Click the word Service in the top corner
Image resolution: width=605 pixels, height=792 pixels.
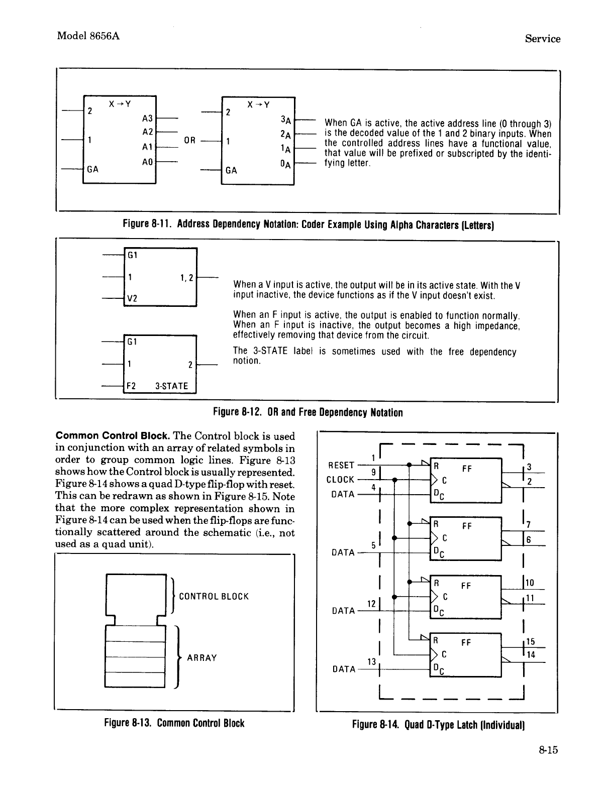tap(542, 39)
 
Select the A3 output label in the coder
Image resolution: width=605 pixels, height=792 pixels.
tap(147, 119)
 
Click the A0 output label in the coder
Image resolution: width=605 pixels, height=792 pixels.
tap(147, 162)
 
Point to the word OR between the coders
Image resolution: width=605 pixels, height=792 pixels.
tap(189, 140)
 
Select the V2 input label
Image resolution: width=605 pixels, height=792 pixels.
tap(132, 298)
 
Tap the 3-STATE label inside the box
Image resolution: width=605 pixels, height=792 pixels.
tap(172, 386)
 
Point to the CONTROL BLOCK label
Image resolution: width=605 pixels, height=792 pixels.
tap(214, 597)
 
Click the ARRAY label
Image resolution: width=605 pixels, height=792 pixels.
tap(202, 658)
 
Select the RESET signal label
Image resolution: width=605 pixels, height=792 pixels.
tap(341, 465)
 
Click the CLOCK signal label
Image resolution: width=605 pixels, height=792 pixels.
tap(341, 480)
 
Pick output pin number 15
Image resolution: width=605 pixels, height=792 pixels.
tap(531, 642)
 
